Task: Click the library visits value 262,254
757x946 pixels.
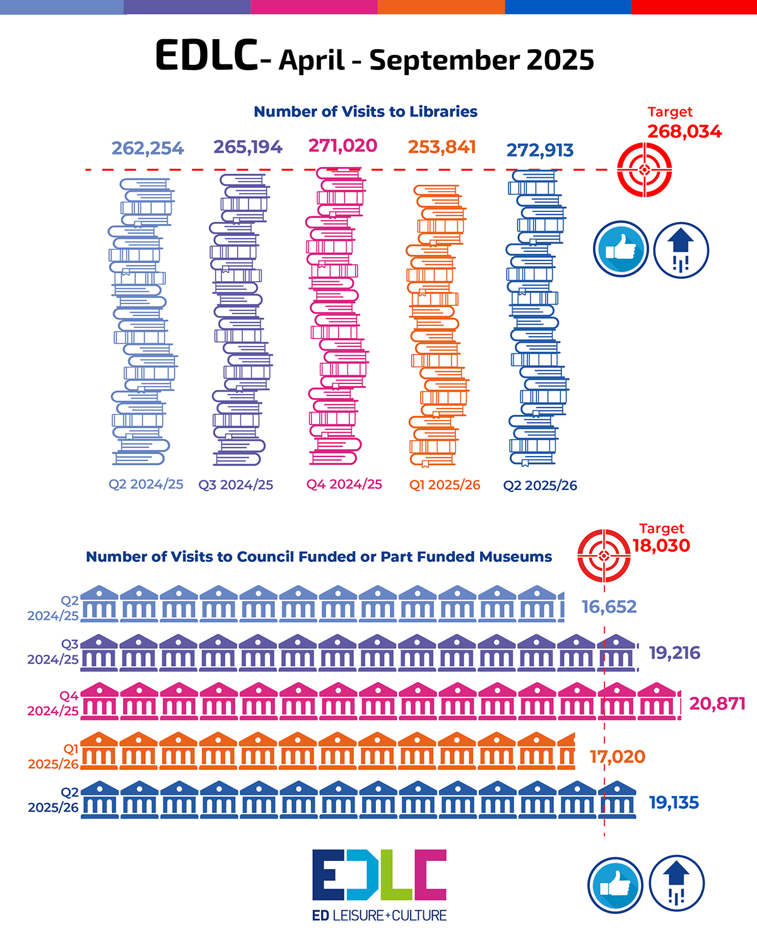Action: click(x=148, y=148)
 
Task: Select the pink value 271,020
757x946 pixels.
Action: click(x=343, y=146)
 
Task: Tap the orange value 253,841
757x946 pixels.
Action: click(x=442, y=147)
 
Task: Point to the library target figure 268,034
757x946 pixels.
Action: click(x=684, y=132)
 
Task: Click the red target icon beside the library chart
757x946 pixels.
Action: click(x=644, y=170)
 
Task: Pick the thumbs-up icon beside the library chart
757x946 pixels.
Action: click(x=621, y=248)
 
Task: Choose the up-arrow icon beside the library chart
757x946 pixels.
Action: click(x=681, y=250)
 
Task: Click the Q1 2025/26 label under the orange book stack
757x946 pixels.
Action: click(x=445, y=485)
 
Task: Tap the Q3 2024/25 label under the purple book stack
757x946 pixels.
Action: click(x=236, y=485)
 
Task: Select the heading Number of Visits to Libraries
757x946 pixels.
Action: click(x=365, y=112)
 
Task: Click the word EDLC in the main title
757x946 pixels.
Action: click(x=206, y=55)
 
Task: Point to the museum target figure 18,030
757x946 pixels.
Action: click(x=661, y=546)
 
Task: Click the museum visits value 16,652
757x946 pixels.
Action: click(x=609, y=607)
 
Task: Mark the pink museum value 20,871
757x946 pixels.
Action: click(x=717, y=703)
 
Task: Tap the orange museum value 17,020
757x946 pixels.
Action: click(x=618, y=756)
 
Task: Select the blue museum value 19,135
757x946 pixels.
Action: click(x=674, y=803)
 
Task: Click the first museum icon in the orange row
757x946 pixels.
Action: click(x=99, y=750)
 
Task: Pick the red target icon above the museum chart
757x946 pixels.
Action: click(x=604, y=556)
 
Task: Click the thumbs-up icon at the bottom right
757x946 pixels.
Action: click(x=615, y=884)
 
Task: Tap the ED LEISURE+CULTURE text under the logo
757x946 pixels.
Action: click(x=379, y=915)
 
